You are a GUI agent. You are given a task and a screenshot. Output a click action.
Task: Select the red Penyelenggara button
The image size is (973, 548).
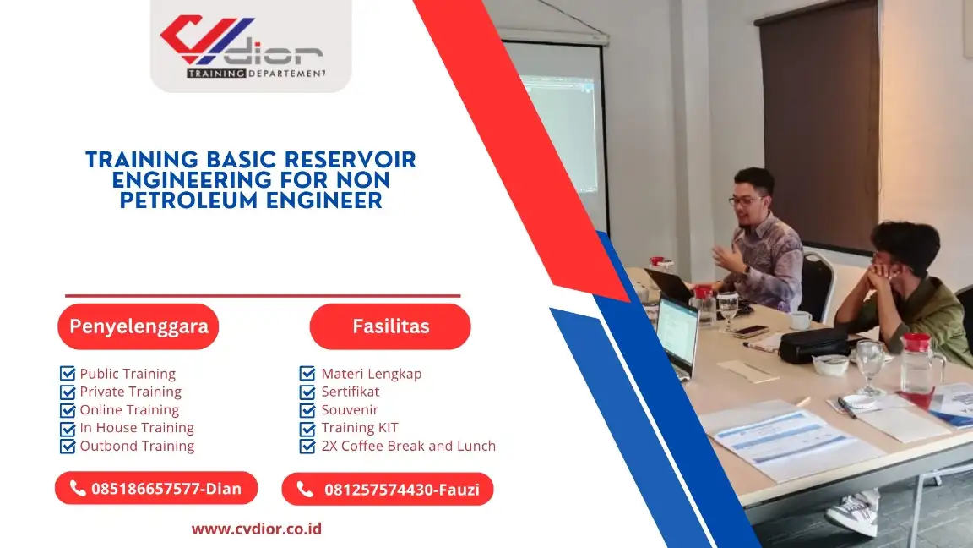(139, 326)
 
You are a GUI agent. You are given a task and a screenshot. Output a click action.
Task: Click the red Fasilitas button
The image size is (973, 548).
(390, 326)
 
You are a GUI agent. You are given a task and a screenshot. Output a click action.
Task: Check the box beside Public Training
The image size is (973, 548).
(68, 374)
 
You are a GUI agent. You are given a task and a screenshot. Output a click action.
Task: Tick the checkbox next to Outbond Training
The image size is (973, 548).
(68, 446)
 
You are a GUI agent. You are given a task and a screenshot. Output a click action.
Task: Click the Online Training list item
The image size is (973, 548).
(129, 410)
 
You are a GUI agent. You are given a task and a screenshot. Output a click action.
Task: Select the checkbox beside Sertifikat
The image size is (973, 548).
(307, 392)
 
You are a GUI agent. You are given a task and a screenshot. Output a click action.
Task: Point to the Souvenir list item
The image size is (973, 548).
(350, 410)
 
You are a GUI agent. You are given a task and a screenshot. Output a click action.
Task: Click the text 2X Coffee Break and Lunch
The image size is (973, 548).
(408, 446)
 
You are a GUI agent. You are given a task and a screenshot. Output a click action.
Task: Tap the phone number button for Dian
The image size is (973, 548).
(156, 488)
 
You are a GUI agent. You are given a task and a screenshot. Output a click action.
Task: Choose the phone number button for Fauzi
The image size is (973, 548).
(388, 489)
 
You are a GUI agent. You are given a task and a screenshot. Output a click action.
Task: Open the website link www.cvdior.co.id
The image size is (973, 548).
(257, 529)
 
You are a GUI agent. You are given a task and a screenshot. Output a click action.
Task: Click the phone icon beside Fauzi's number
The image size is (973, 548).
(305, 490)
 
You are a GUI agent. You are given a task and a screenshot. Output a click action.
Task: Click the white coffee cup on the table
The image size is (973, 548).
(799, 320)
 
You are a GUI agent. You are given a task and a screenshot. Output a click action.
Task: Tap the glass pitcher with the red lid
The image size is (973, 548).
(920, 364)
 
